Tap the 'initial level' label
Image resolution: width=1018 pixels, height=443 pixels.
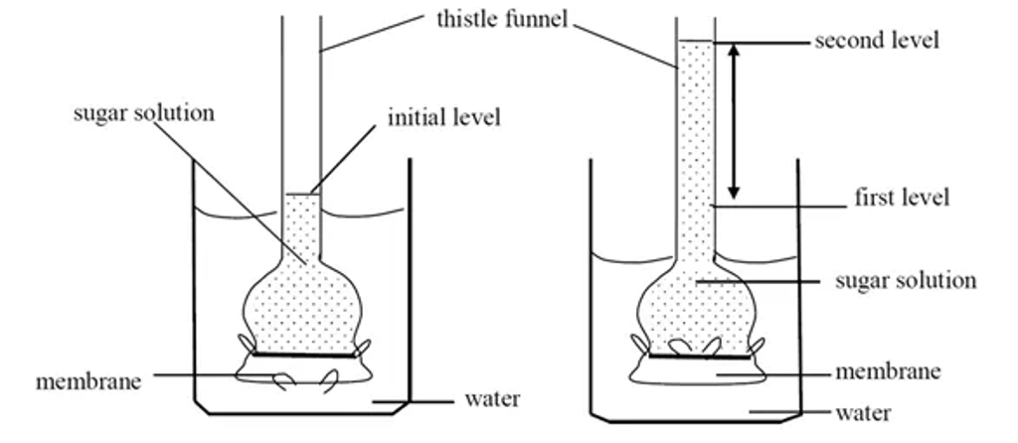(444, 118)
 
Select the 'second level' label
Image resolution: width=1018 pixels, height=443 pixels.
(876, 41)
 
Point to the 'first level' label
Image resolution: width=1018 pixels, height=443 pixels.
(902, 198)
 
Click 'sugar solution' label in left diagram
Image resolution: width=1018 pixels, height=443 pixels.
(144, 113)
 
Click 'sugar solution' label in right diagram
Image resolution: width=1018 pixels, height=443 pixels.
(906, 281)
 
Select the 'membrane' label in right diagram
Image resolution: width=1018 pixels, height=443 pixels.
(888, 372)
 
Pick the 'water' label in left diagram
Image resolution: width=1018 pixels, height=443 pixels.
(492, 400)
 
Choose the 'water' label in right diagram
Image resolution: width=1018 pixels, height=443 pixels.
(863, 412)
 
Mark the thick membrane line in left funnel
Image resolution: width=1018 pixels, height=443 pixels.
(303, 354)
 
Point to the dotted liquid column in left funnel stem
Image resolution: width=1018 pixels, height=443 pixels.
(302, 223)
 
